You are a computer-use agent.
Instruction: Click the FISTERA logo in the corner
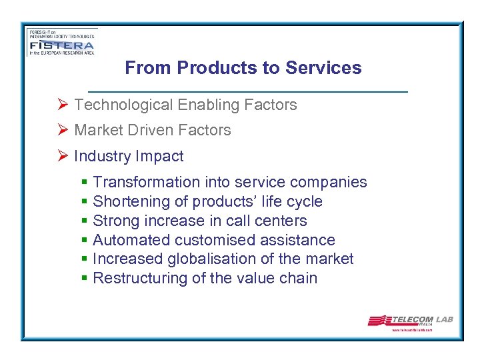click(62, 42)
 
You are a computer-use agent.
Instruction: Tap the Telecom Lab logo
click(410, 321)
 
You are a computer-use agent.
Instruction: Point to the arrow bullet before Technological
click(63, 105)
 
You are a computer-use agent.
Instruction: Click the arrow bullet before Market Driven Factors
click(63, 130)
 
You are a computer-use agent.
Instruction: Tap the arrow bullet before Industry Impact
click(63, 156)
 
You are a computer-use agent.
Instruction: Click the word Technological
click(123, 105)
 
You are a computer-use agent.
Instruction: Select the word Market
click(97, 130)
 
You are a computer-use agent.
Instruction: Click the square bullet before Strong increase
click(84, 221)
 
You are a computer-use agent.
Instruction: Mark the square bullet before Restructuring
click(84, 278)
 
